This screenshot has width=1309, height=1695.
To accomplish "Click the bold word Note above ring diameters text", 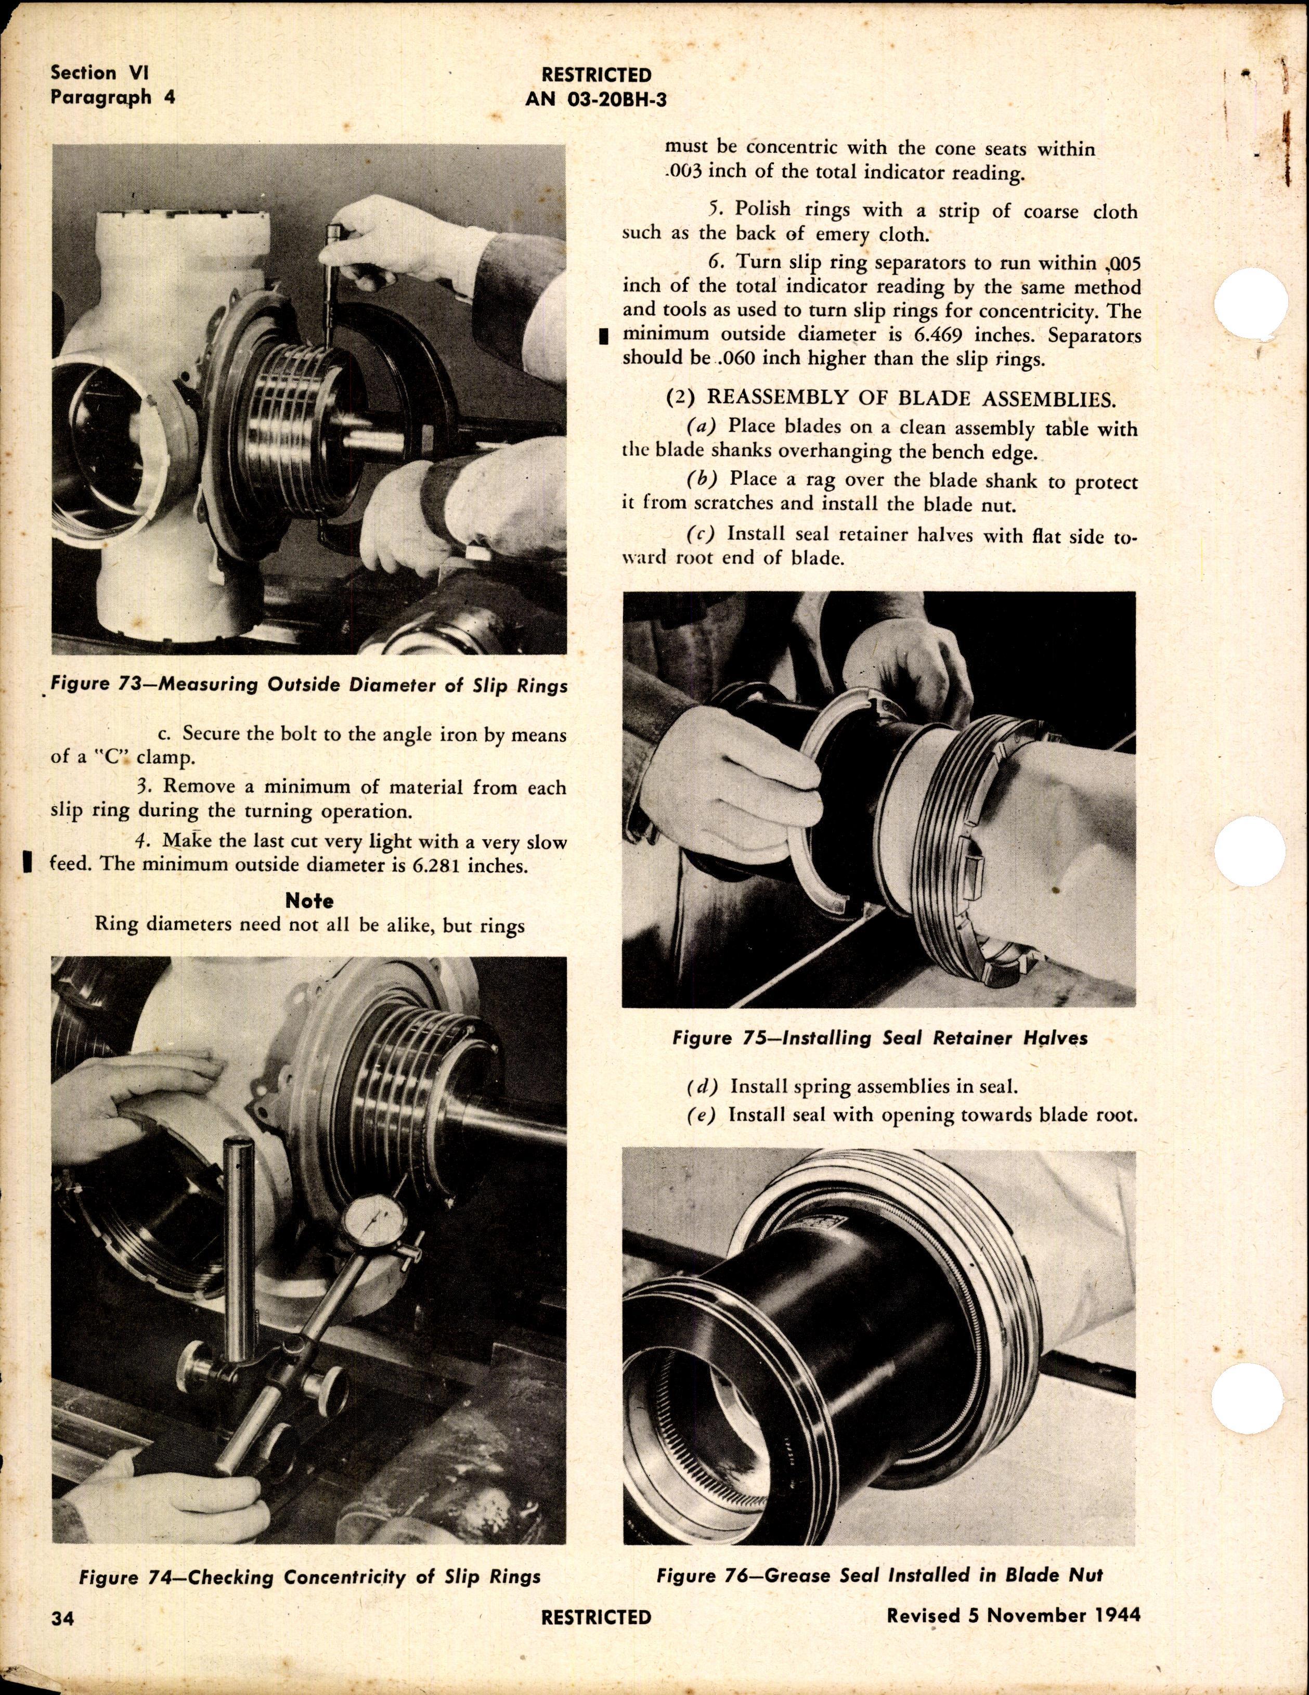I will click(x=309, y=901).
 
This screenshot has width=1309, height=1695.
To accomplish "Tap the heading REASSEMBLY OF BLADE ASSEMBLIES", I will click(x=910, y=400).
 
